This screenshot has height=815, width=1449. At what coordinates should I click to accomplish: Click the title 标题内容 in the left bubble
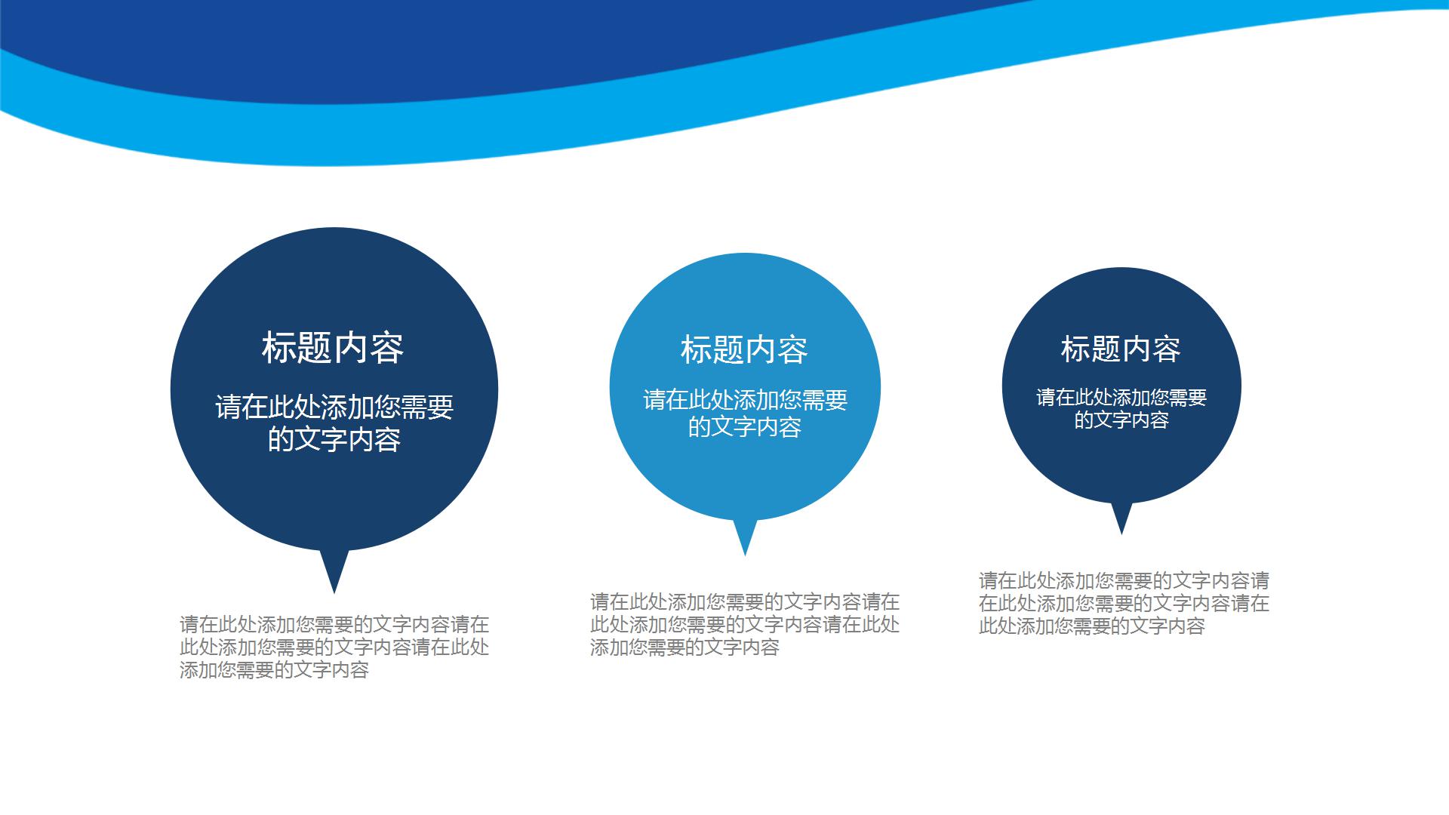(x=333, y=348)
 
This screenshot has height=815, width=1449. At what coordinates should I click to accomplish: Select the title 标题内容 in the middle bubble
(x=744, y=349)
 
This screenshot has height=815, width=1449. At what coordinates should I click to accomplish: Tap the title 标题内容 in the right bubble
(x=1121, y=349)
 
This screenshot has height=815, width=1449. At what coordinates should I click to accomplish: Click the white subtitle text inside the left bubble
(x=334, y=423)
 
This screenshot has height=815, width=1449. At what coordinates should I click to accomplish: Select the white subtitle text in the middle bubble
(x=745, y=413)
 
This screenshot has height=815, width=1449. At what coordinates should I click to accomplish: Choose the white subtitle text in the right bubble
(x=1121, y=408)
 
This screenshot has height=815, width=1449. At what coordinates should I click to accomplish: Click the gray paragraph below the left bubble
(x=334, y=647)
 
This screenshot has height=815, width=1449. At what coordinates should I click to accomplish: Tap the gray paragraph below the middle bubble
(x=745, y=624)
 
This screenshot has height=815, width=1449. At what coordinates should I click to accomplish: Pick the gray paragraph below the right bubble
(x=1124, y=603)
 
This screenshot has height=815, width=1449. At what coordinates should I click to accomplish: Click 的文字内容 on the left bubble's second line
(x=334, y=439)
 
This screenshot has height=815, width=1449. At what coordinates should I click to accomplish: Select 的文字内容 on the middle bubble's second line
(x=745, y=427)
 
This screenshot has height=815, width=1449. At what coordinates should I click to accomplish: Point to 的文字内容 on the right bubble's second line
(x=1121, y=420)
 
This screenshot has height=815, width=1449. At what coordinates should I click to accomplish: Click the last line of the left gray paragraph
(x=274, y=669)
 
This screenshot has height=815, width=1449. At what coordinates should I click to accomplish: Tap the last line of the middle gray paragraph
(x=685, y=647)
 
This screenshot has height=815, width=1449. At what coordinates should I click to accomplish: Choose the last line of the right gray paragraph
(x=1092, y=626)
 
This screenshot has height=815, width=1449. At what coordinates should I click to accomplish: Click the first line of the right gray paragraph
(x=1124, y=580)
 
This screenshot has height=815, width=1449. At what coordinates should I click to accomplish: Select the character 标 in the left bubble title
(x=279, y=348)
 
